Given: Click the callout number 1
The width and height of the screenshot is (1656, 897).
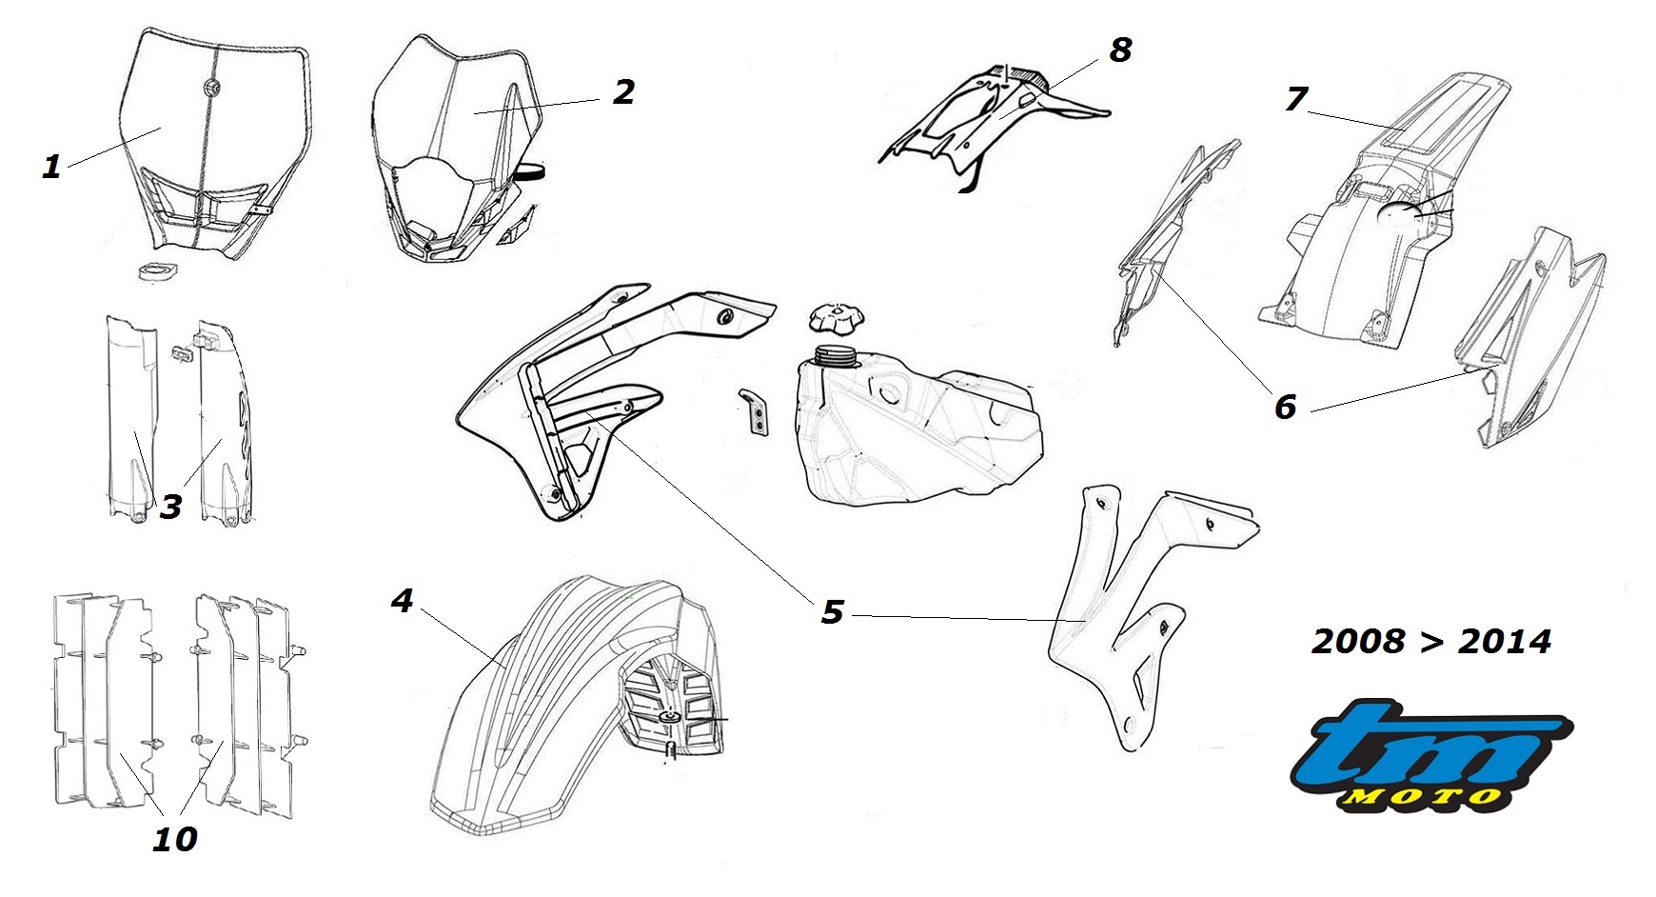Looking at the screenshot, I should click(51, 167).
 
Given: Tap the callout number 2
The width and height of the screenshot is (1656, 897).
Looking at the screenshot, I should click(623, 91).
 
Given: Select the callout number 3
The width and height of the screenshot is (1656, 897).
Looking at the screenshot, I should click(170, 506).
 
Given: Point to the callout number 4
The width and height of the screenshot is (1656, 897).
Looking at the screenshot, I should click(403, 601).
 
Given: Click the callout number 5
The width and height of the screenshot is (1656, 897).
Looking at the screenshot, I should click(833, 611).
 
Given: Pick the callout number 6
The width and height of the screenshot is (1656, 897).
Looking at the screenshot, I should click(1286, 407).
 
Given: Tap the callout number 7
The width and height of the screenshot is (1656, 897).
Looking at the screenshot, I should click(1296, 98).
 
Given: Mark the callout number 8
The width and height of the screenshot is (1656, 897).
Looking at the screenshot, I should click(1120, 50).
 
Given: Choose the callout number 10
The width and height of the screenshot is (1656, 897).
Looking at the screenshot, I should click(175, 839).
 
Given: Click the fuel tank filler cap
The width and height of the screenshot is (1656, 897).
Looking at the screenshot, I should click(835, 318).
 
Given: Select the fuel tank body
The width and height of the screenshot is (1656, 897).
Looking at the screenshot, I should click(914, 429).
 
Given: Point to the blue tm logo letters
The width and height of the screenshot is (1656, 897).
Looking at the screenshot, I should click(1428, 747).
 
